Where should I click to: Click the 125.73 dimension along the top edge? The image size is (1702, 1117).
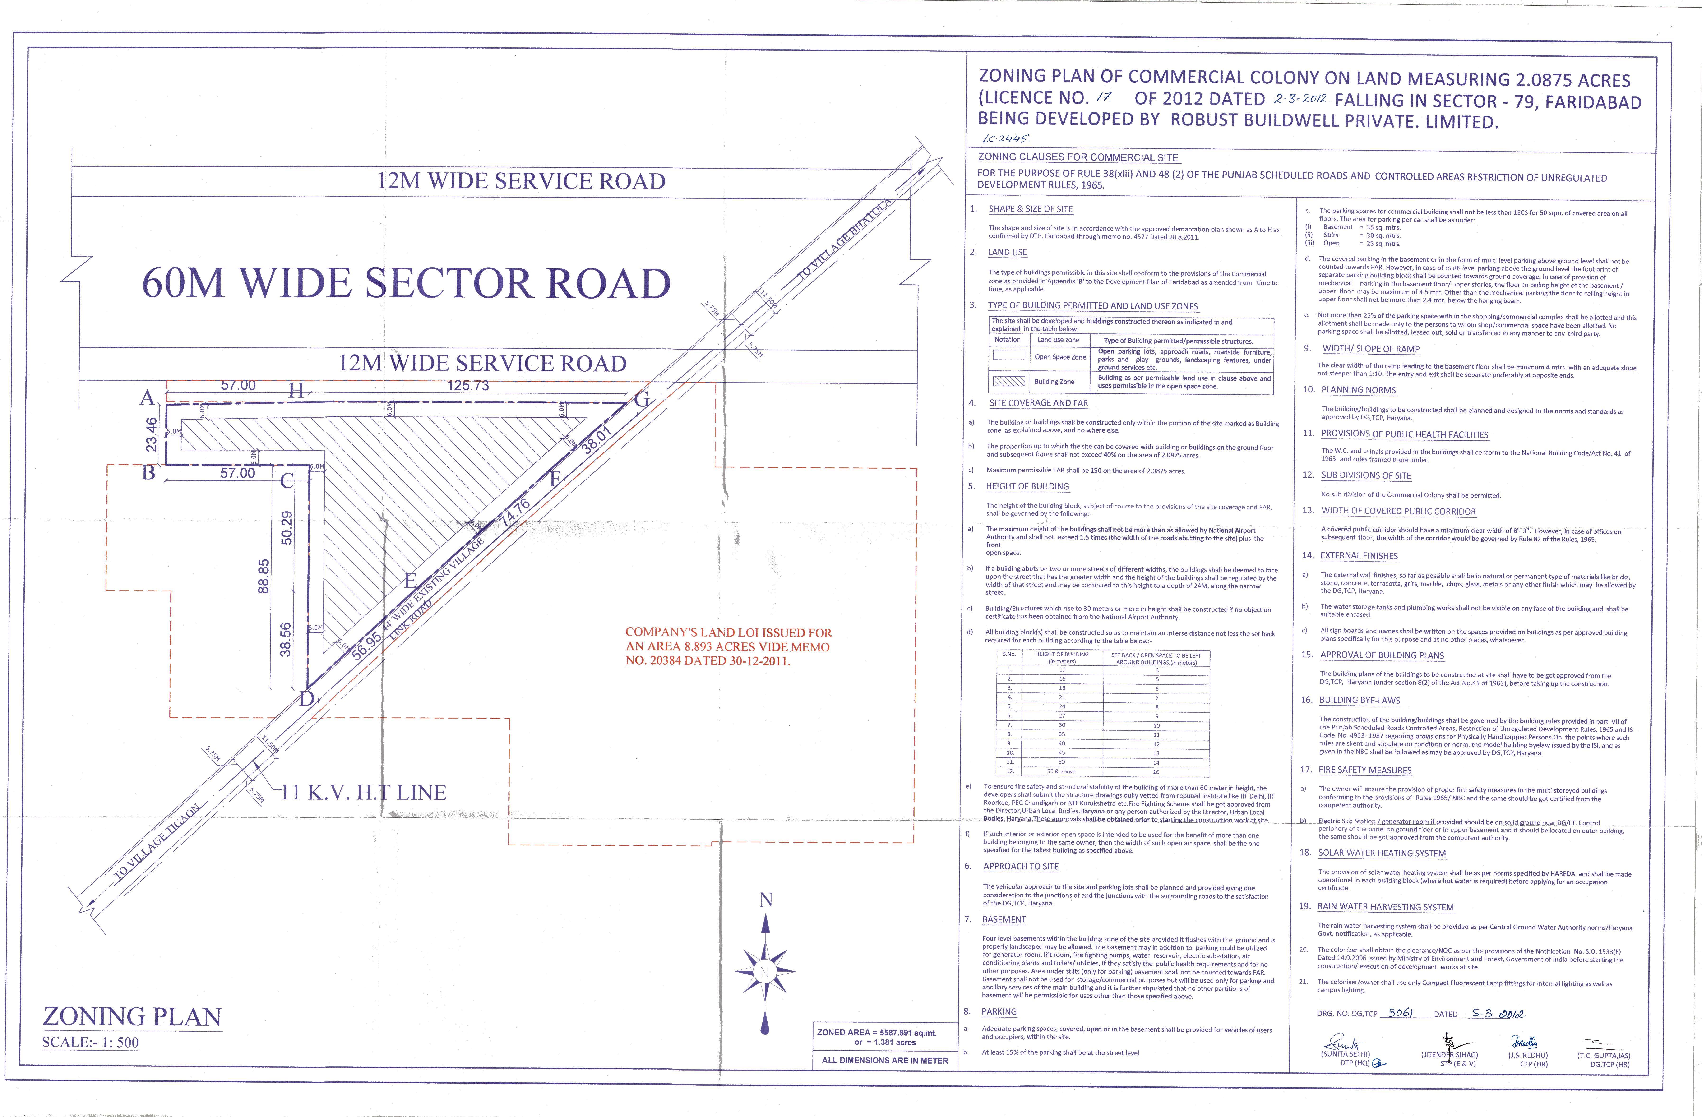point(468,385)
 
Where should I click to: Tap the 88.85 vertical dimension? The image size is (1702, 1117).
point(263,576)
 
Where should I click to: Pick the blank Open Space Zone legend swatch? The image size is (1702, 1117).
point(1008,355)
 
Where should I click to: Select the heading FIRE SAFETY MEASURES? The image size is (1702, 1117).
point(1365,770)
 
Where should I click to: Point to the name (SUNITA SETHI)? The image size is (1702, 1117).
point(1344,1054)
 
